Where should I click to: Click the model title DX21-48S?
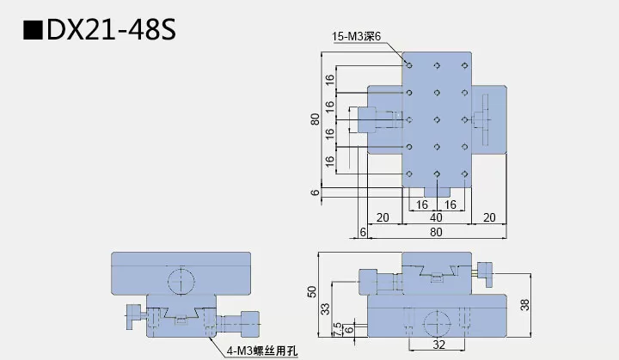tap(112, 31)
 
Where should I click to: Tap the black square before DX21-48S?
tap(33, 32)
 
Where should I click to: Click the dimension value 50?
tap(312, 291)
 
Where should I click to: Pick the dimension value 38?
tap(525, 304)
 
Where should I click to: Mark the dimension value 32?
tap(438, 345)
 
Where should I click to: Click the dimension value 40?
tap(438, 218)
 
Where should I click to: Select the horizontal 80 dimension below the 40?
tap(437, 232)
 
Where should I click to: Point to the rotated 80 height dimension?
tap(315, 119)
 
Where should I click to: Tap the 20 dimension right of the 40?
tap(488, 218)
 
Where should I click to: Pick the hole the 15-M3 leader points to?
tap(409, 64)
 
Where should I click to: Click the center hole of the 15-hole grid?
tap(437, 119)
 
